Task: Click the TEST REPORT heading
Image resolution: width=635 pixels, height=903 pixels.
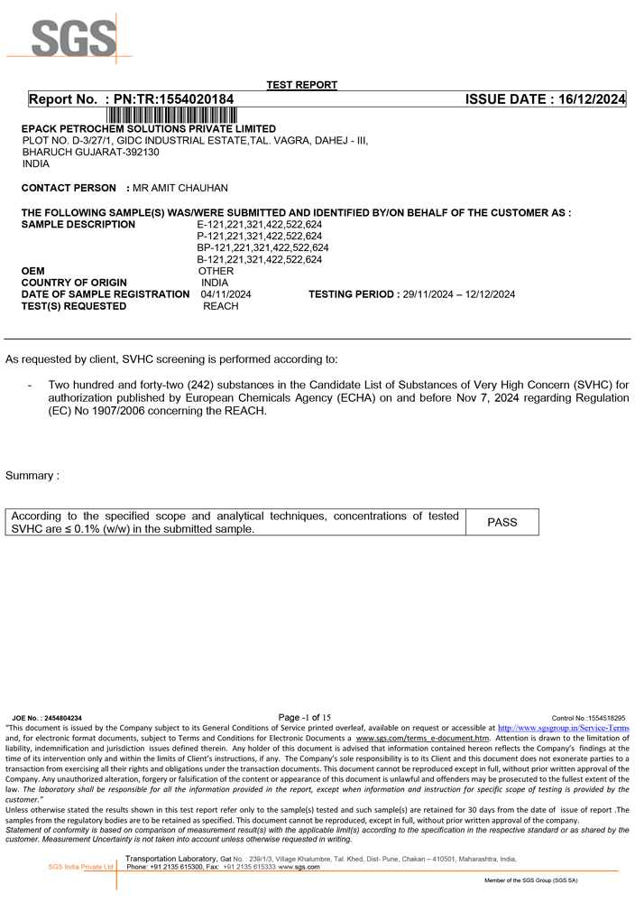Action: [x=302, y=85]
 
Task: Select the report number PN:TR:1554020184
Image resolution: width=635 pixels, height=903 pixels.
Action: [x=174, y=99]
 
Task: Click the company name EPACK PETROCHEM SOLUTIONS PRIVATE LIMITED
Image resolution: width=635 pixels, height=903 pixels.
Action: [x=149, y=129]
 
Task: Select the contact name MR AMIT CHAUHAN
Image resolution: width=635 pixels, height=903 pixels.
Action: [x=179, y=188]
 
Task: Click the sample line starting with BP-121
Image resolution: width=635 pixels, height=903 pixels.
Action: [x=262, y=247]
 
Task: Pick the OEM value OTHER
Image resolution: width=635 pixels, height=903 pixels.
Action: [x=216, y=271]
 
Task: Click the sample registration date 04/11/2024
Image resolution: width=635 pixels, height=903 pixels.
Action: [x=225, y=294]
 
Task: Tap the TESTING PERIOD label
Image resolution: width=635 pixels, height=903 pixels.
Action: [x=353, y=294]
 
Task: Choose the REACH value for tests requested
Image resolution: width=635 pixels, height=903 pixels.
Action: [x=221, y=306]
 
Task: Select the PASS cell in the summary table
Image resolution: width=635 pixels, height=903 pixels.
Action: [x=502, y=522]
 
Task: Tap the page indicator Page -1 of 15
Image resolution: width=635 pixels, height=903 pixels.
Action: [x=305, y=717]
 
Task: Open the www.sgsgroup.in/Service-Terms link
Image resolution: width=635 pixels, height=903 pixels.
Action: [x=564, y=727]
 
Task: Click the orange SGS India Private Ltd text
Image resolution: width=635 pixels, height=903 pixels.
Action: [x=81, y=867]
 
